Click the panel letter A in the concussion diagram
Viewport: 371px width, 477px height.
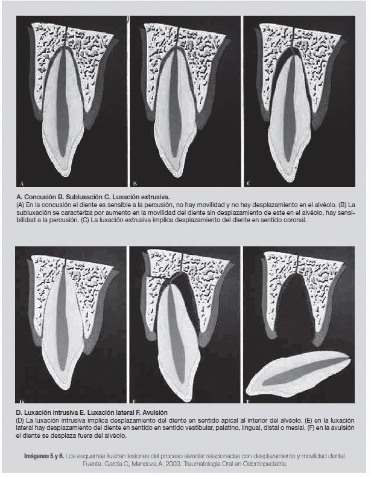pos(22,182)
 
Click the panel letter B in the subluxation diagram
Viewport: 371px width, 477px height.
pos(135,182)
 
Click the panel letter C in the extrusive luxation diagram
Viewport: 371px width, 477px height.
pos(248,182)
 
